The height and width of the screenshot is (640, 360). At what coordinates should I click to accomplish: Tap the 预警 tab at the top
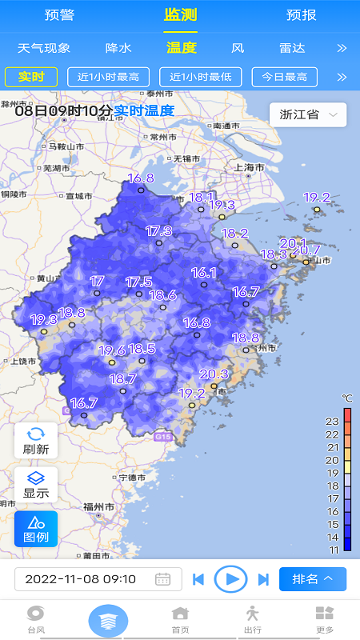pos(59,15)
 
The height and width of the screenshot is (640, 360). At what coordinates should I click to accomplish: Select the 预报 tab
pos(301,15)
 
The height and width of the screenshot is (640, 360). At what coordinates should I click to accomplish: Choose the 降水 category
pos(118,48)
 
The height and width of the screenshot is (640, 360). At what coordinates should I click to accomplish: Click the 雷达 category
pos(292,48)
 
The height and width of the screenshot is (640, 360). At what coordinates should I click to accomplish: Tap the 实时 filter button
pos(31,77)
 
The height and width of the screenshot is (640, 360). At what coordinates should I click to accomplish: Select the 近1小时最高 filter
pos(109,77)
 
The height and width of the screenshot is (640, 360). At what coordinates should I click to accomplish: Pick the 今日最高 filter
pos(285,77)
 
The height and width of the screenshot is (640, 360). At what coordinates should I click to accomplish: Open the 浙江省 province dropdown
pos(308,114)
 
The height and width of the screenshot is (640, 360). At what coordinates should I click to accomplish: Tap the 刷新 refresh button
pos(36,441)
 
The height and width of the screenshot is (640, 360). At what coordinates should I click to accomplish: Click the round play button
pos(231,578)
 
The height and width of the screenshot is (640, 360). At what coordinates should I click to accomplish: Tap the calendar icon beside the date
pos(163,579)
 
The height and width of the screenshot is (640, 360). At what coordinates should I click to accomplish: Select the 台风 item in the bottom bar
pos(36,619)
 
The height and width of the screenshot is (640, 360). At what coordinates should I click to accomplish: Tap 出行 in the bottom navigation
pos(253,619)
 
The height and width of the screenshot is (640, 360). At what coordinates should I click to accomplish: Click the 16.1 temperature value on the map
pos(204,273)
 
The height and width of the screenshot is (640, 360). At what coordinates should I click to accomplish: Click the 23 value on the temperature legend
pos(333,421)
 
